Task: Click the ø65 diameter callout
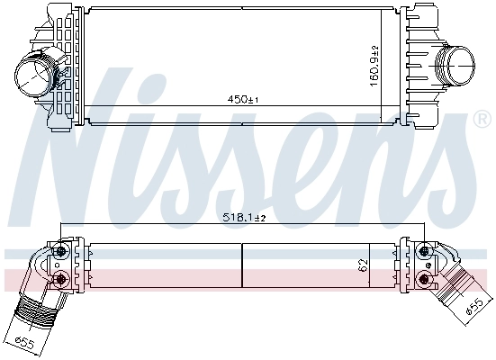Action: coord(25,340)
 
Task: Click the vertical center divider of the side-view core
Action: coord(243,265)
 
